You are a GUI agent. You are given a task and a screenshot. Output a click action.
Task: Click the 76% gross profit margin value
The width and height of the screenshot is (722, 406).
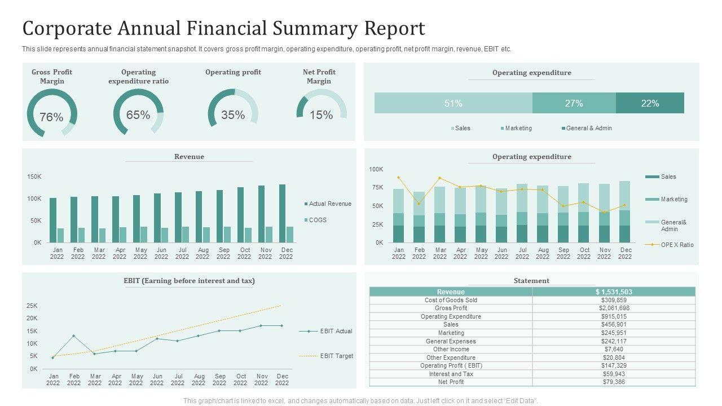pyautogui.click(x=51, y=117)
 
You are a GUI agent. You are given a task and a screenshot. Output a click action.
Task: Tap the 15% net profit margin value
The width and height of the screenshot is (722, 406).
pyautogui.click(x=321, y=115)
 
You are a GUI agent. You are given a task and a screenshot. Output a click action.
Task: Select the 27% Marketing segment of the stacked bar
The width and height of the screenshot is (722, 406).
pyautogui.click(x=574, y=103)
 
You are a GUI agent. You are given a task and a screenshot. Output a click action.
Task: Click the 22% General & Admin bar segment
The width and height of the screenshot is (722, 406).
pyautogui.click(x=650, y=103)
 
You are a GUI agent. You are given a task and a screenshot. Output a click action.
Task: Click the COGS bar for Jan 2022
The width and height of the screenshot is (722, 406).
pyautogui.click(x=61, y=235)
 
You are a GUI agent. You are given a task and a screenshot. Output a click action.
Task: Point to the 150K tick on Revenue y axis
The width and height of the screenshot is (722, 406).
pyautogui.click(x=34, y=177)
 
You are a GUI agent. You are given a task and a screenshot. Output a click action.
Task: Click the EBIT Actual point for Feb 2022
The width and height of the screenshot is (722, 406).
pyautogui.click(x=74, y=336)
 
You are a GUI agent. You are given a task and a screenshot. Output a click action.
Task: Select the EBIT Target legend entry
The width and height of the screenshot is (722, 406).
pyautogui.click(x=336, y=356)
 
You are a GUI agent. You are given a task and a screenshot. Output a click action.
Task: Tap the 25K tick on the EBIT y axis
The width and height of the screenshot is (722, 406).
pyautogui.click(x=32, y=306)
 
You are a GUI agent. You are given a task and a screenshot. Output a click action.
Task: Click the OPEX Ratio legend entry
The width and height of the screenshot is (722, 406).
pyautogui.click(x=677, y=245)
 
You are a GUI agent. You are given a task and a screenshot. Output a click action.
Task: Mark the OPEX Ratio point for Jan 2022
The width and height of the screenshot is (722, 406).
pyautogui.click(x=399, y=178)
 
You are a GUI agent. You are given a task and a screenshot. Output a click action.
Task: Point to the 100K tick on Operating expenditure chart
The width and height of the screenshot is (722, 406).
pyautogui.click(x=376, y=169)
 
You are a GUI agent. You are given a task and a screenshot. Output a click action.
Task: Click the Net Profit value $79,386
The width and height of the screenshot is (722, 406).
pyautogui.click(x=614, y=382)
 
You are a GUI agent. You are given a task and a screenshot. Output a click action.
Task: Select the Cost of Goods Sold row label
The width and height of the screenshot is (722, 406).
pyautogui.click(x=451, y=300)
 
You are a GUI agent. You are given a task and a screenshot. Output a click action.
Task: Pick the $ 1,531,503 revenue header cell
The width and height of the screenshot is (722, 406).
pyautogui.click(x=614, y=292)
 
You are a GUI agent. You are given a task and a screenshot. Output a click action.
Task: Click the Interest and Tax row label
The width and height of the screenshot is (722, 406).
pyautogui.click(x=451, y=374)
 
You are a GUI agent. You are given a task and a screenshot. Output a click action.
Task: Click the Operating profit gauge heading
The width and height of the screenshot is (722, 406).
pyautogui.click(x=233, y=72)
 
